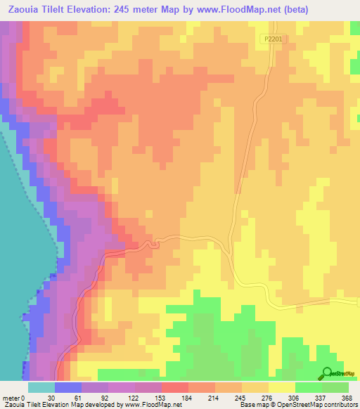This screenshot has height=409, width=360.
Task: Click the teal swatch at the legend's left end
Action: click(x=41, y=387)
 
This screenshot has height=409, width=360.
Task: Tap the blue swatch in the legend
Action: click(x=67, y=387)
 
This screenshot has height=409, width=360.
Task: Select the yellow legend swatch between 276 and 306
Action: click(x=281, y=387)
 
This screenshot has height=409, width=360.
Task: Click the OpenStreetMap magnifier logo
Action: click(x=327, y=373)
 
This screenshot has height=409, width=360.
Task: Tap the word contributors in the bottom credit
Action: click(x=337, y=404)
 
